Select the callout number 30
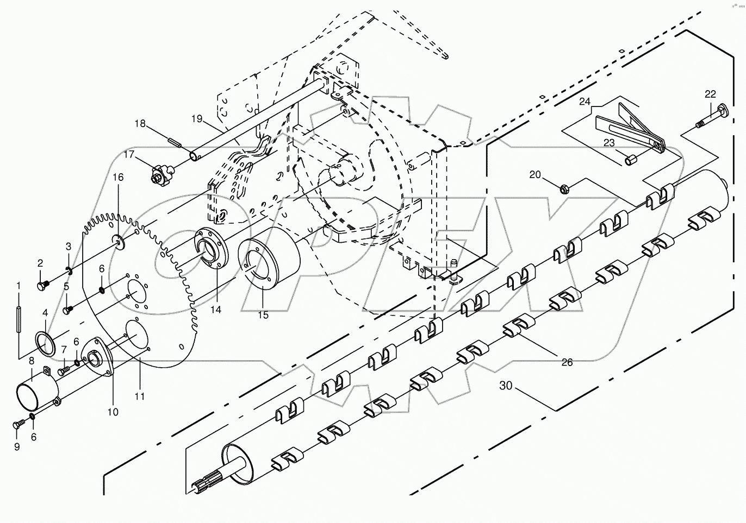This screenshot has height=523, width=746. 506,386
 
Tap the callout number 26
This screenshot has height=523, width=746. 567,362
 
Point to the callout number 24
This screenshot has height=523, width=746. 585,102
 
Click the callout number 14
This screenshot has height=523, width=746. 216,310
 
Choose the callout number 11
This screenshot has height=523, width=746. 140,396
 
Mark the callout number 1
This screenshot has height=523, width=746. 18,285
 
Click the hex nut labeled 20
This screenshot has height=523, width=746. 564,189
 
